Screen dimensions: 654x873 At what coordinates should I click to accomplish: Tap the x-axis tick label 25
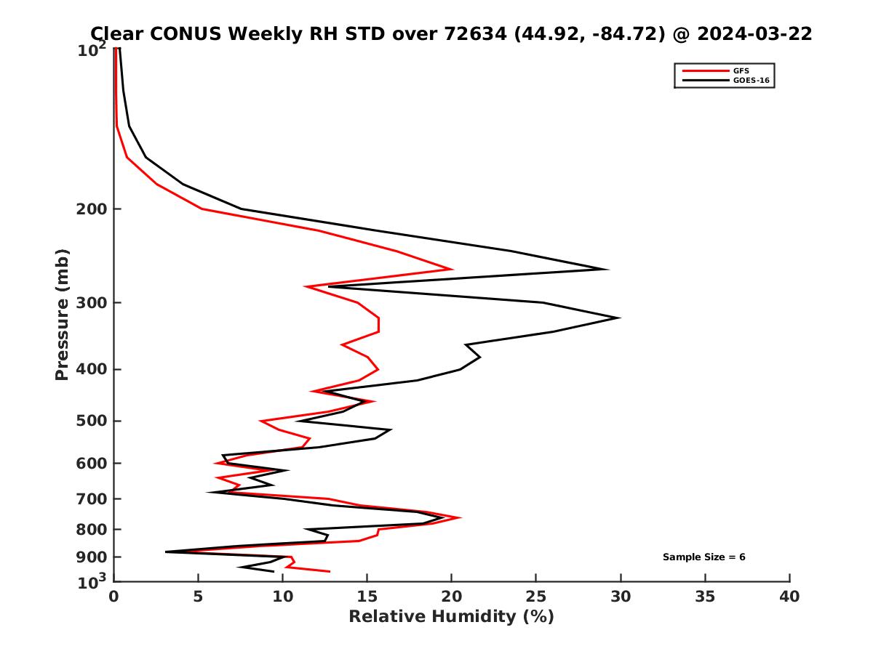pyautogui.click(x=536, y=597)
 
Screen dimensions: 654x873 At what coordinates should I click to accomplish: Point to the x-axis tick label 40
pyautogui.click(x=789, y=597)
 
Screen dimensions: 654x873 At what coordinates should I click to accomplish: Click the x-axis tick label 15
pyautogui.click(x=367, y=597)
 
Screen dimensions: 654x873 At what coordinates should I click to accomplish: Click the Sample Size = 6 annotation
pyautogui.click(x=703, y=557)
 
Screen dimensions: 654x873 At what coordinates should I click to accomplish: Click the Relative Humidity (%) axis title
pyautogui.click(x=451, y=617)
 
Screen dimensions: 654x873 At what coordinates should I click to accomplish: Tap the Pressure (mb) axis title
pyautogui.click(x=62, y=314)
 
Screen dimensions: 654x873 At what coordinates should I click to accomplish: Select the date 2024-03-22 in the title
pyautogui.click(x=754, y=33)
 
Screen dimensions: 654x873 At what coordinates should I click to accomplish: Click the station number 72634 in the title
pyautogui.click(x=473, y=33)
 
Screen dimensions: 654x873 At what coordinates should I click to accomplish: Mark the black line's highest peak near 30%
pyautogui.click(x=619, y=318)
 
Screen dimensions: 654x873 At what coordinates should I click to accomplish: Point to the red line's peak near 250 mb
pyautogui.click(x=452, y=269)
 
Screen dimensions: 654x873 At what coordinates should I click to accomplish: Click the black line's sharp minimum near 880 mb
pyautogui.click(x=167, y=552)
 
